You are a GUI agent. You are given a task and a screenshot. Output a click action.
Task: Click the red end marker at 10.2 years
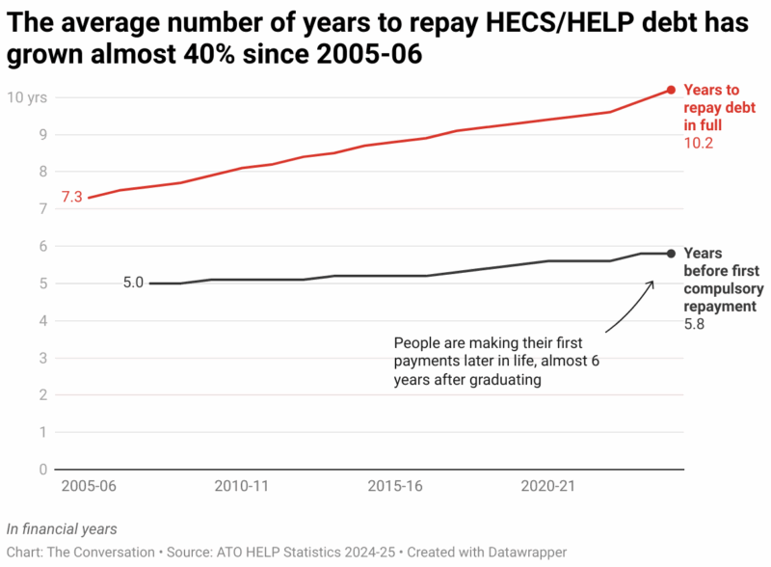(x=671, y=91)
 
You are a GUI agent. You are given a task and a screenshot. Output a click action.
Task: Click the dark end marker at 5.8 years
(x=671, y=254)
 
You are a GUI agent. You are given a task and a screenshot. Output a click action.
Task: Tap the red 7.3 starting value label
(x=72, y=198)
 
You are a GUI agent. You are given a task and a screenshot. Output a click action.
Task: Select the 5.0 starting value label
(x=133, y=283)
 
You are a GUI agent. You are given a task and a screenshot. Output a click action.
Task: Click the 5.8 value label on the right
(x=694, y=325)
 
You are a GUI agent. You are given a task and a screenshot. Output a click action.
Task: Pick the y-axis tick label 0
(x=41, y=470)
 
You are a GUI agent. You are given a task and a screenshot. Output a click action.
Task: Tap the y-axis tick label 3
(x=41, y=358)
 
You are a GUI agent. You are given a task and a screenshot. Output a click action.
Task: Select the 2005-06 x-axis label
(x=89, y=487)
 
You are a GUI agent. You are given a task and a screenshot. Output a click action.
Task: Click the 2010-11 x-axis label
(x=241, y=487)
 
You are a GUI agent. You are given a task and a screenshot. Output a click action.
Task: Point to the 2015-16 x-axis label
(x=395, y=487)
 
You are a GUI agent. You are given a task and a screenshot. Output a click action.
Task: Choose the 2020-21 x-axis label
(x=547, y=487)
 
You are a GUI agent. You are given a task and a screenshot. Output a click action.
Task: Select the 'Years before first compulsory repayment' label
(x=723, y=280)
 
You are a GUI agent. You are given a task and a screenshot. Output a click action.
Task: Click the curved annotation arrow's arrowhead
(x=652, y=283)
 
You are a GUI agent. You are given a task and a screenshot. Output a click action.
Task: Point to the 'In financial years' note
(x=62, y=529)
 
